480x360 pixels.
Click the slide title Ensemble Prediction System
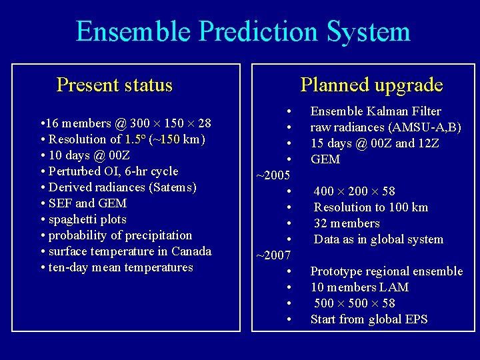[243, 31]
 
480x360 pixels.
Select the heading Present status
[115, 85]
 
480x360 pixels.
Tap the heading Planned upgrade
[371, 85]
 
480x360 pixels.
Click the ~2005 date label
[273, 175]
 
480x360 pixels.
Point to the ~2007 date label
[273, 255]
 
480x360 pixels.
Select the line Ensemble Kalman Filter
[375, 111]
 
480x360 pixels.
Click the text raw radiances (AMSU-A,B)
[385, 127]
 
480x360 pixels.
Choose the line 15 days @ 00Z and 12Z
[375, 143]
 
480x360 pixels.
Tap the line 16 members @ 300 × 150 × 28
[126, 123]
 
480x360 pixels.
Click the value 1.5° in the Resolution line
[136, 139]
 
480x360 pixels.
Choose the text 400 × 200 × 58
[354, 191]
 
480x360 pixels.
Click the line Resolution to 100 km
[371, 207]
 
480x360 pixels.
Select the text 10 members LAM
[359, 287]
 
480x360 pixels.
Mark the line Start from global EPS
[369, 319]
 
